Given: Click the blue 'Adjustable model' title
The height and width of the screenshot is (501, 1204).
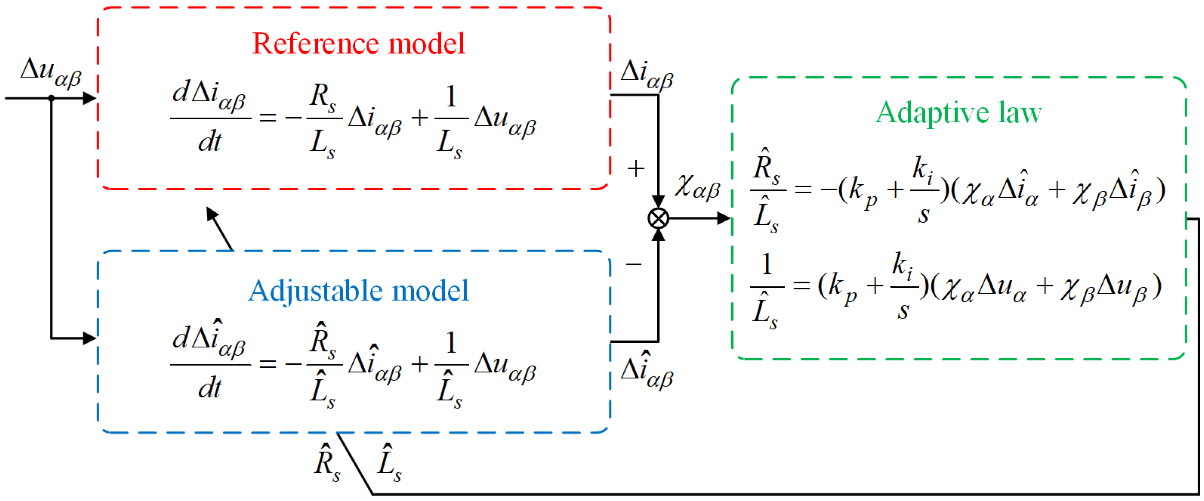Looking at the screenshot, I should coord(359,291).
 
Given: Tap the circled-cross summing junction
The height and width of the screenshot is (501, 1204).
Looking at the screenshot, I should coord(658,218).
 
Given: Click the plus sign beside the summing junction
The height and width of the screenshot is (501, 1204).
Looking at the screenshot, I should coord(636,169).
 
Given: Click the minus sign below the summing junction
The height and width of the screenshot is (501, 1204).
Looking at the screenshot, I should coord(634,265).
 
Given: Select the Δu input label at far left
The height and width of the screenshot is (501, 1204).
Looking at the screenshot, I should coord(51,72).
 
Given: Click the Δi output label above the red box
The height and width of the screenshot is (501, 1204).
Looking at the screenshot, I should coord(647,75).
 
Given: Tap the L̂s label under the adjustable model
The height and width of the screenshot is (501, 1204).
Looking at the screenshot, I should coord(389,462).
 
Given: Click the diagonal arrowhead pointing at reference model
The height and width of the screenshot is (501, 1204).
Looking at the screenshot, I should coord(213,215).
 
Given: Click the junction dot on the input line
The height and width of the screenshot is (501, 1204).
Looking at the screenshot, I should coord(51,98).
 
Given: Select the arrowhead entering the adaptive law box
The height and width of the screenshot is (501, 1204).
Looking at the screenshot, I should coord(723,218).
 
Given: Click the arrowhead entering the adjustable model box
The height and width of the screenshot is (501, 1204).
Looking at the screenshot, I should coord(89,338).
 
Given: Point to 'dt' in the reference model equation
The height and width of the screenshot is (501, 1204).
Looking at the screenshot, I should coord(210,142).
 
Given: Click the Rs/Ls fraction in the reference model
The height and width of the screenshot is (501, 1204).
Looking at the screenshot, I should coord(324,119).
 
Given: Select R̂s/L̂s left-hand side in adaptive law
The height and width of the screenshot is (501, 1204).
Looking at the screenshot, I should coord(766,191).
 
